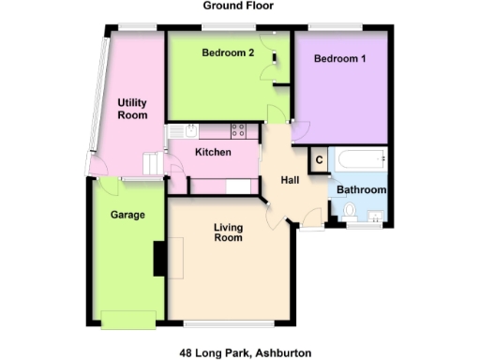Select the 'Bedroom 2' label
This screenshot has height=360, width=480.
click(x=228, y=53)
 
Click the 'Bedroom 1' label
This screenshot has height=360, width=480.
click(x=339, y=59)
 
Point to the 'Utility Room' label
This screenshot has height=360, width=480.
click(x=132, y=109)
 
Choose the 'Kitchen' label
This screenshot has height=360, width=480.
click(x=213, y=152)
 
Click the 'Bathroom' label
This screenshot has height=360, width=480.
click(x=361, y=190)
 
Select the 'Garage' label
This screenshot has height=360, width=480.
click(x=127, y=215)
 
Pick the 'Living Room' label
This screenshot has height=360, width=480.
click(x=228, y=232)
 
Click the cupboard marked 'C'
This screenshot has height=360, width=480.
click(x=319, y=160)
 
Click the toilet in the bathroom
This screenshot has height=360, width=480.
click(x=351, y=215)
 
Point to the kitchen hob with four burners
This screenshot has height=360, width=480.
click(x=238, y=131)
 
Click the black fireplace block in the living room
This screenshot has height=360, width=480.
click(x=160, y=257)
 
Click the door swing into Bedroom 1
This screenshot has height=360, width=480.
click(x=300, y=130)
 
